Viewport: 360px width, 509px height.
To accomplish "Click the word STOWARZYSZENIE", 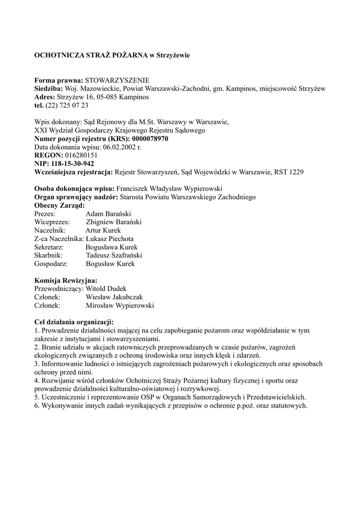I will pos(117,80).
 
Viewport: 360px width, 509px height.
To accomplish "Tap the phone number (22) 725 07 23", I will pos(67,105).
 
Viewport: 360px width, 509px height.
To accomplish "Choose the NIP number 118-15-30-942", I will pos(73,164).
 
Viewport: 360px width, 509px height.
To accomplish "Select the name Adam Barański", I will pos(107,214).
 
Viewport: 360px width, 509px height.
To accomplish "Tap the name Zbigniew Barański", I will pos(114,222).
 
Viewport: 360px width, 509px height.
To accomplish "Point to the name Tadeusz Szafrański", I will pos(114,255).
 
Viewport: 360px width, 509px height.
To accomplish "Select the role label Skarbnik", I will pos(48,255).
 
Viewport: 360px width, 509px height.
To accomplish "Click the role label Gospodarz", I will pos(51,264).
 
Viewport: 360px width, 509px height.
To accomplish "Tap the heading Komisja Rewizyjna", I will pos(66,280).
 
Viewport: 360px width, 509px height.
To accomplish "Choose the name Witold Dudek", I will pos(106,289).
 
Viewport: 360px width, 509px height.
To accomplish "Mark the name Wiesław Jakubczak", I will pos(115,297).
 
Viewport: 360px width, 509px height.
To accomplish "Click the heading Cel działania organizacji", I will pos(74,322).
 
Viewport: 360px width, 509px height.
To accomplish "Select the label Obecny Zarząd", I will pos(59,205).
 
